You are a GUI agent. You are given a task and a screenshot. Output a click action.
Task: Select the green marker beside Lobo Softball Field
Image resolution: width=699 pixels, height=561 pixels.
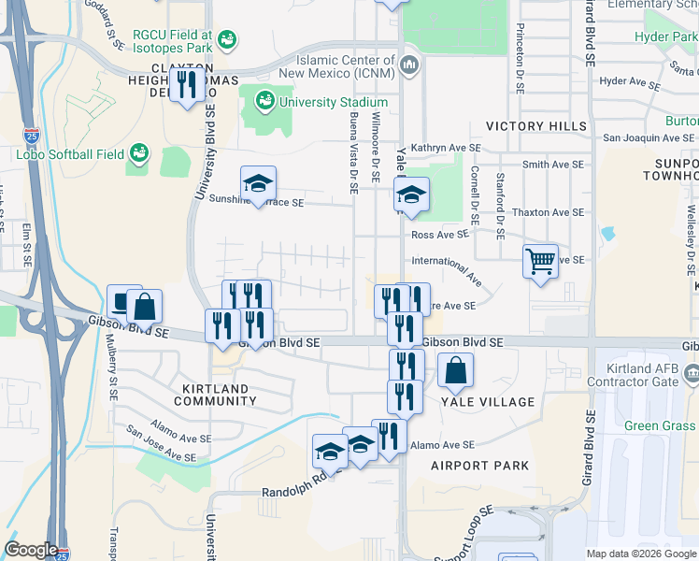pyautogui.click(x=139, y=151)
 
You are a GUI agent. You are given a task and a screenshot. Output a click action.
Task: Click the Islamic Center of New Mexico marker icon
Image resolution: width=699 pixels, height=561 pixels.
pyautogui.click(x=408, y=65)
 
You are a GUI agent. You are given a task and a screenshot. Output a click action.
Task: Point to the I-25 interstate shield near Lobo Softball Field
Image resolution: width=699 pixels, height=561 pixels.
pyautogui.click(x=30, y=137)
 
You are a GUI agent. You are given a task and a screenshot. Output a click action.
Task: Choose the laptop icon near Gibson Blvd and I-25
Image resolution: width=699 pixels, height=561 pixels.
pyautogui.click(x=122, y=301)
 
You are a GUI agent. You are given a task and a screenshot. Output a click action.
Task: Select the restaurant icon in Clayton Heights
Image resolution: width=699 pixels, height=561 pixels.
pyautogui.click(x=188, y=84)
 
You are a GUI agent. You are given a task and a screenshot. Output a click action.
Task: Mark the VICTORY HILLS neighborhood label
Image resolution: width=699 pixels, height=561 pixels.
pyautogui.click(x=535, y=126)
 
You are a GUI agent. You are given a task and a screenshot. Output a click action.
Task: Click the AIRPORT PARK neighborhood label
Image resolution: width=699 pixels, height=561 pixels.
pyautogui.click(x=479, y=466)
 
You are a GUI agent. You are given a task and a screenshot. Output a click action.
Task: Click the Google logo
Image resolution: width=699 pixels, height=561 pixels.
pyautogui.click(x=32, y=550)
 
